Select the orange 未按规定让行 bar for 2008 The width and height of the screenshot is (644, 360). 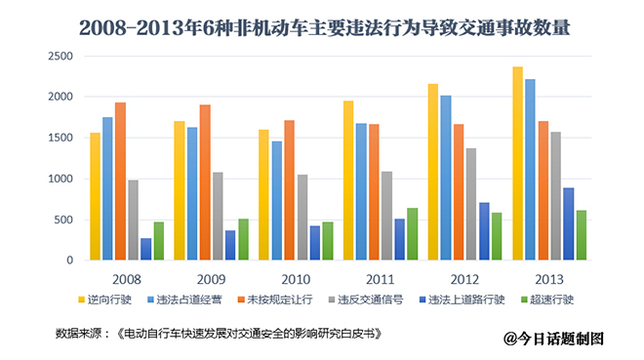[120, 181]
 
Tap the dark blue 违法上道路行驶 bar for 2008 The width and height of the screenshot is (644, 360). [146, 250]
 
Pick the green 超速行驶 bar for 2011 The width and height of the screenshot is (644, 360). [412, 234]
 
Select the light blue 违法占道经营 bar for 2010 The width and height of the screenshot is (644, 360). [277, 201]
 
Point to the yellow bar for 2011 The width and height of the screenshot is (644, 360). [348, 180]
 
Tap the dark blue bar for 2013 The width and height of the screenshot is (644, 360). [568, 224]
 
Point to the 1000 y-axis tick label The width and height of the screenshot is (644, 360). [58, 180]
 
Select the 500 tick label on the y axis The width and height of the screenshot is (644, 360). [61, 220]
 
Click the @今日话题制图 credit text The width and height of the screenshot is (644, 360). [555, 339]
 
